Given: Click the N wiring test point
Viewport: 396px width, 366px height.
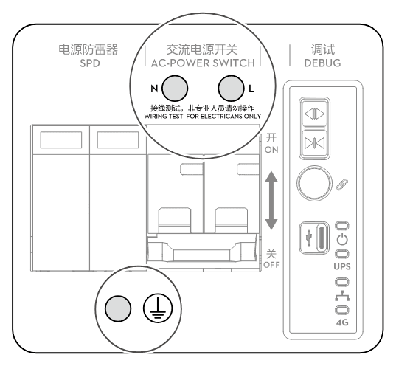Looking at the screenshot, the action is [x=175, y=89].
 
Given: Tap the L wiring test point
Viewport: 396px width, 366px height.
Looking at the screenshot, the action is [x=231, y=89].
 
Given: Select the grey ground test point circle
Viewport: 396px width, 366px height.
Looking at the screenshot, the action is [x=118, y=308].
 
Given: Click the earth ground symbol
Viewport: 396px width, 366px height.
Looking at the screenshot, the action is [x=158, y=308].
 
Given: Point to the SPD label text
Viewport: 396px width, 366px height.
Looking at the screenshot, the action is [x=90, y=63].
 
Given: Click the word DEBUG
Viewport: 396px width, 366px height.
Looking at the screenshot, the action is [x=322, y=63].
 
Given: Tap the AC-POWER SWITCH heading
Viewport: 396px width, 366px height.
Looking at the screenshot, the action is [x=203, y=63].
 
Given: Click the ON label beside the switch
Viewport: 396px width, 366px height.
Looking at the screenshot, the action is [x=271, y=150].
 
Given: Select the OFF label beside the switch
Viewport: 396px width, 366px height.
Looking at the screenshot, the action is [x=271, y=265].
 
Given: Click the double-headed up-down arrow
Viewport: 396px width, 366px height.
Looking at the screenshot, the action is [x=271, y=201].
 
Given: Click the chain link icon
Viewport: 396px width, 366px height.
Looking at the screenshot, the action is [x=342, y=184].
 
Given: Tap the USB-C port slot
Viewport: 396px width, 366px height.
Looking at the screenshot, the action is [x=322, y=238].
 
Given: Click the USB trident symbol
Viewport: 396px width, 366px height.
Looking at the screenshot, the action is [x=309, y=238].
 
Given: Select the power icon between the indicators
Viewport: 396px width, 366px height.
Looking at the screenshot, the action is [x=342, y=239].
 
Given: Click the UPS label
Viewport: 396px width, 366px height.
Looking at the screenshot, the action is [x=342, y=266].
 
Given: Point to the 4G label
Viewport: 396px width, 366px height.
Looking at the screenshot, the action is [x=342, y=322].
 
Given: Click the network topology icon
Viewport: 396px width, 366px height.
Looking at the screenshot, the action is [x=342, y=296].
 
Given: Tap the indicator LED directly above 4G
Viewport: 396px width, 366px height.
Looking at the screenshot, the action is [x=342, y=310].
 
